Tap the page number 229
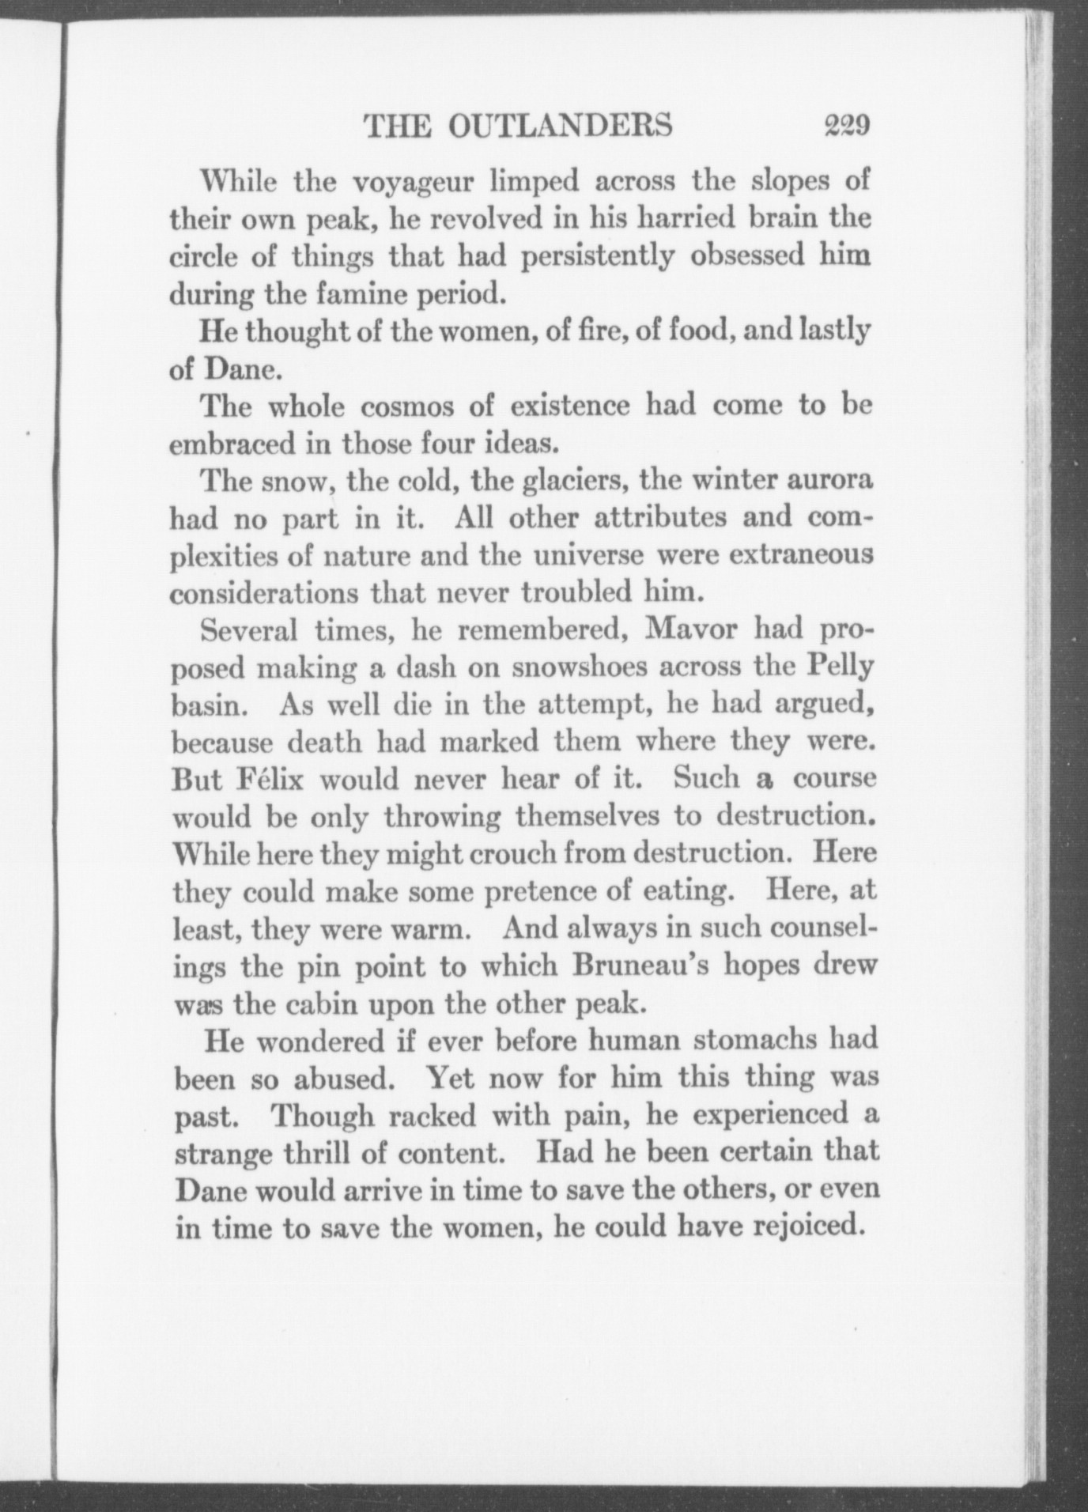846,126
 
